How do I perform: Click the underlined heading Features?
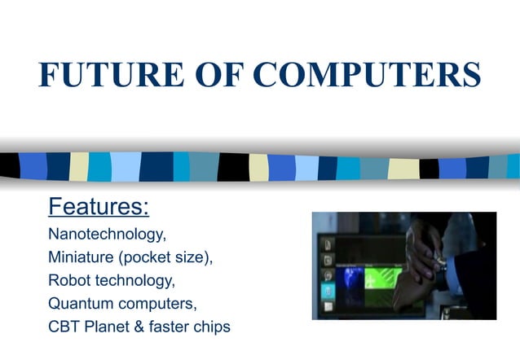(x=99, y=207)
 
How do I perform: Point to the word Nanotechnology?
(x=107, y=235)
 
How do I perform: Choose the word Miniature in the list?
(x=83, y=257)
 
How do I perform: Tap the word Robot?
(x=71, y=280)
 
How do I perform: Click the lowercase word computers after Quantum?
(x=159, y=304)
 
